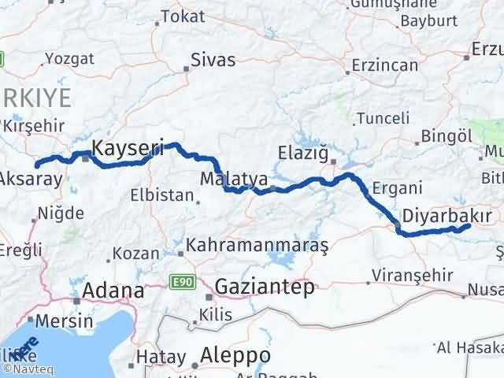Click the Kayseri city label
[x=128, y=146]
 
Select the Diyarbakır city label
[x=447, y=215]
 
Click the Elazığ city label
[x=303, y=152]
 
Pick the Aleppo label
[x=235, y=355]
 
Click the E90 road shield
[x=183, y=281]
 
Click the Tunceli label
[x=384, y=118]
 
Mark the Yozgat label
[x=69, y=58]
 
